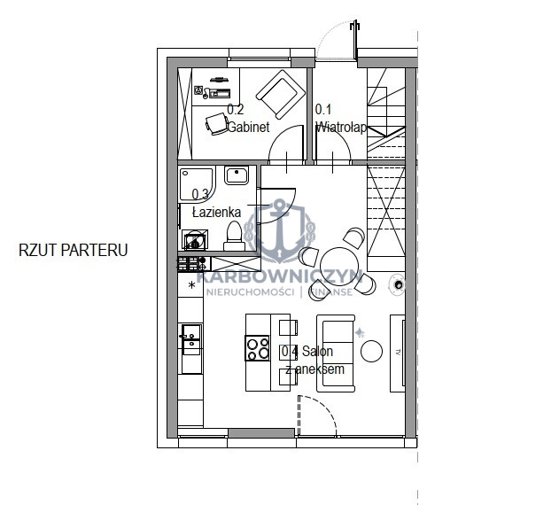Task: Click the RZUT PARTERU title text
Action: pyautogui.click(x=73, y=250)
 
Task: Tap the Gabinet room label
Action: pyautogui.click(x=248, y=127)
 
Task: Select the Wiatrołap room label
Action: pyautogui.click(x=341, y=127)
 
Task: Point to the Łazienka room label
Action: pyautogui.click(x=216, y=213)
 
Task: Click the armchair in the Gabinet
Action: pyautogui.click(x=281, y=94)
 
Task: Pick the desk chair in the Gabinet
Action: pyautogui.click(x=216, y=124)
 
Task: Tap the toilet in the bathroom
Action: pyautogui.click(x=234, y=236)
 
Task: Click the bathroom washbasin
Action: pyautogui.click(x=237, y=175)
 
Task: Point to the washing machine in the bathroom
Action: pyautogui.click(x=195, y=239)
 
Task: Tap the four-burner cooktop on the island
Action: pyautogui.click(x=257, y=348)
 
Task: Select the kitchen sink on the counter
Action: pyautogui.click(x=191, y=339)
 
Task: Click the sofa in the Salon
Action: pyautogui.click(x=336, y=353)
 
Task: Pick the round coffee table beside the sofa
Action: pyautogui.click(x=371, y=351)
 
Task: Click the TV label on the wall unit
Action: pyautogui.click(x=399, y=353)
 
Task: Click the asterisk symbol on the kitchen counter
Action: pyautogui.click(x=192, y=285)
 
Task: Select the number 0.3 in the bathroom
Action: pyautogui.click(x=200, y=194)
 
